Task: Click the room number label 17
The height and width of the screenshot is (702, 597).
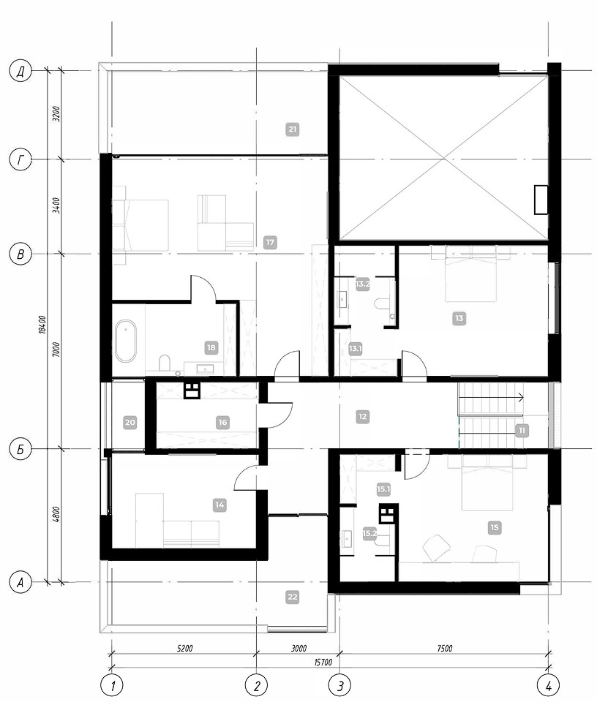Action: click(x=270, y=242)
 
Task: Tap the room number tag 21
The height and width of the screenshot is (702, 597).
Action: click(x=293, y=129)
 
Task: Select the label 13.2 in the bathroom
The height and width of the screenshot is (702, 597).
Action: click(x=362, y=284)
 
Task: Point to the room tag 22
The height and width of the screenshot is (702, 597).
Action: click(x=293, y=597)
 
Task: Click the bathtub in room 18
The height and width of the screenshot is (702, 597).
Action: click(x=125, y=341)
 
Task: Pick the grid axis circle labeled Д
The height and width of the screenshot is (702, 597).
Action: click(x=20, y=72)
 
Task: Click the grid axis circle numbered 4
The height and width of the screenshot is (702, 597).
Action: click(x=549, y=685)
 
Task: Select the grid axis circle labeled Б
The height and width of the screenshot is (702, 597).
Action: click(x=20, y=449)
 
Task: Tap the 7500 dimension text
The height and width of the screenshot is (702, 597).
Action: click(x=444, y=648)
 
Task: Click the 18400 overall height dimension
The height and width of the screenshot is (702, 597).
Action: click(x=43, y=325)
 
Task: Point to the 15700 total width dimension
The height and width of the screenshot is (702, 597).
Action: click(x=323, y=663)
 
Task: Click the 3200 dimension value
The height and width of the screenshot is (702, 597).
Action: click(x=56, y=114)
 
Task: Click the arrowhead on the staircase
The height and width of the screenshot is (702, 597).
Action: click(x=521, y=396)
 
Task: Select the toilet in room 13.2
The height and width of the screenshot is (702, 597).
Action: click(x=382, y=305)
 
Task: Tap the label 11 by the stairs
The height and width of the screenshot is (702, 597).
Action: click(x=522, y=430)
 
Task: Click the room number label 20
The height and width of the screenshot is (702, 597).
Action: click(x=130, y=422)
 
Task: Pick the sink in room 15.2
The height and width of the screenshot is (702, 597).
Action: click(x=347, y=539)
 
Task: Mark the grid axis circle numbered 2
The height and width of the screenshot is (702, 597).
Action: click(x=257, y=685)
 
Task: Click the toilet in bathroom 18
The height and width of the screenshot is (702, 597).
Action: click(x=165, y=363)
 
